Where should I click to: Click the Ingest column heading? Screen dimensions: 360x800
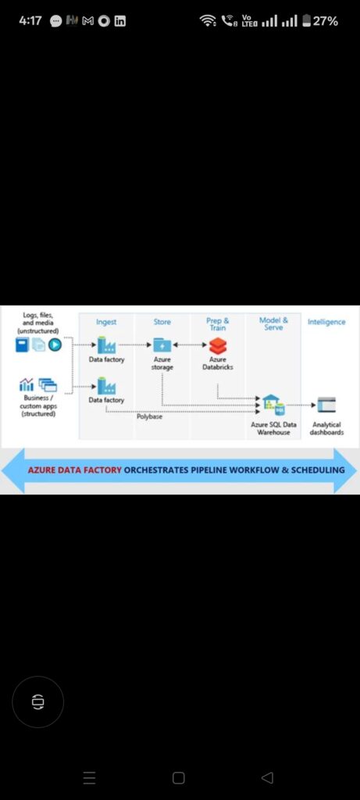[x=106, y=322]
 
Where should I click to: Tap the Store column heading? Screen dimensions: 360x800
[x=162, y=322]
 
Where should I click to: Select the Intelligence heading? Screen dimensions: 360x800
[x=326, y=322]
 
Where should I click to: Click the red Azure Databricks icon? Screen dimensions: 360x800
[x=218, y=345]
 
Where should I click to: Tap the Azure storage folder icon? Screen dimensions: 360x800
[x=162, y=345]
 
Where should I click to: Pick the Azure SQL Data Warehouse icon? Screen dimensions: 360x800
[x=273, y=405]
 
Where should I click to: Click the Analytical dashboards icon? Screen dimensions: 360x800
[x=326, y=405]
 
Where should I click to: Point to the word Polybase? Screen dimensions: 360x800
[x=149, y=417]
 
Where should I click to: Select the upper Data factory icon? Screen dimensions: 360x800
[x=106, y=345]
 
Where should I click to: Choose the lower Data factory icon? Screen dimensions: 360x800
[x=106, y=386]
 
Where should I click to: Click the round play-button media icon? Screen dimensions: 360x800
[x=55, y=345]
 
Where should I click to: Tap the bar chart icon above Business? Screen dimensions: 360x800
[x=26, y=384]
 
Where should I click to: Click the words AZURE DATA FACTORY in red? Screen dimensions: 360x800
[x=74, y=470]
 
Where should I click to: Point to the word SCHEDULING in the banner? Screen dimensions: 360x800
[x=317, y=470]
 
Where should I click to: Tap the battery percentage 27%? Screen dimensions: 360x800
[x=326, y=21]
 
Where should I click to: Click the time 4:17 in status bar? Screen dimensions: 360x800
[x=30, y=21]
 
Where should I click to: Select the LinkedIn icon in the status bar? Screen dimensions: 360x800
[x=119, y=21]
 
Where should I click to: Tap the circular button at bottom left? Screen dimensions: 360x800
[x=37, y=702]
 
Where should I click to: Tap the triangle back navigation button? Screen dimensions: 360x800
[x=267, y=777]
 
